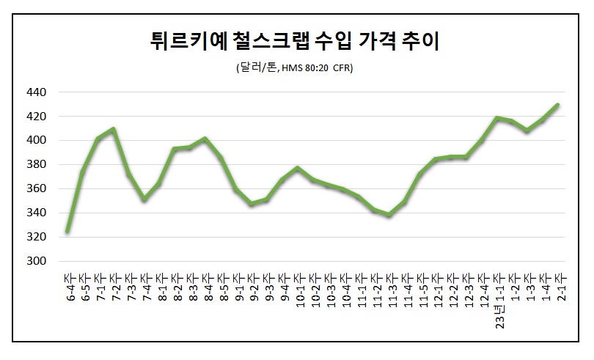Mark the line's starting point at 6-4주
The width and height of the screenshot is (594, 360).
(x=67, y=232)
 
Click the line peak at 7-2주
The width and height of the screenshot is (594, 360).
(x=114, y=129)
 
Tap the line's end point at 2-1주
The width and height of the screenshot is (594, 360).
(x=558, y=104)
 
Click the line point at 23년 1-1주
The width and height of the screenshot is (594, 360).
(x=496, y=117)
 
